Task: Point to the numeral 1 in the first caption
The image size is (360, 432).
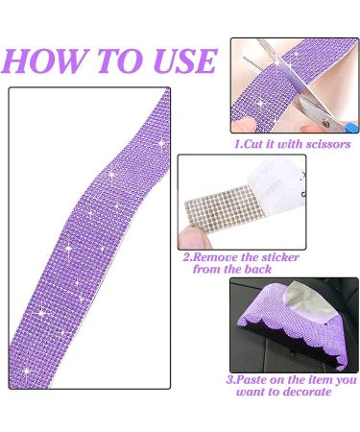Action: [238, 144]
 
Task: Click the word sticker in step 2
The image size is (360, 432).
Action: [275, 257]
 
